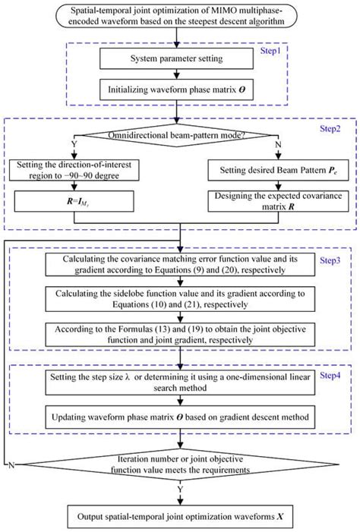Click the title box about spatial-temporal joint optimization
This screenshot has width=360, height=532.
pos(180,17)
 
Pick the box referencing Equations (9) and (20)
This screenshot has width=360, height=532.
pos(180,263)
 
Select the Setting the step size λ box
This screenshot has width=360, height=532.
pos(180,384)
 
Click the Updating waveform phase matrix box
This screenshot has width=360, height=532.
pos(180,418)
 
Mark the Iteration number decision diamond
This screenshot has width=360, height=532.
pos(180,464)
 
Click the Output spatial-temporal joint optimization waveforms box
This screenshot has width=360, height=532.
pos(180,518)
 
